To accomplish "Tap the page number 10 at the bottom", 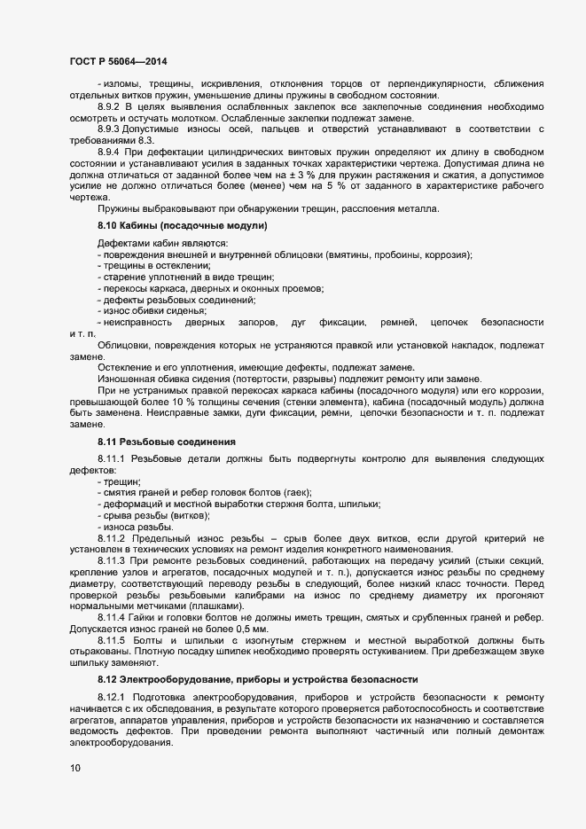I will coord(75,768).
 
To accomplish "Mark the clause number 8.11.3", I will coord(112,561).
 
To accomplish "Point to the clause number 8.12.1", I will coord(112,699).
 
